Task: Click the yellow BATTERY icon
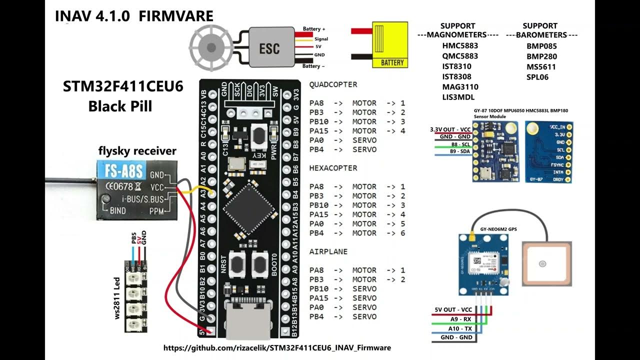(390, 45)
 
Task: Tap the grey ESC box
(269, 48)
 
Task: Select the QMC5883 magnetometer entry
(459, 56)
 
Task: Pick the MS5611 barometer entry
(541, 66)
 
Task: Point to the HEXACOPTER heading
(333, 168)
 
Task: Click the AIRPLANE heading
(328, 251)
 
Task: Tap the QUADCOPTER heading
(333, 84)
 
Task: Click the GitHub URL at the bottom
(277, 347)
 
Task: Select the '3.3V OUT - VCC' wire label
(450, 129)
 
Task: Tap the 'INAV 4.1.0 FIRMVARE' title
(133, 16)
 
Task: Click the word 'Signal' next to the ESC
(321, 38)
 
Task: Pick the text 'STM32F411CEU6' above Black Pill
(123, 87)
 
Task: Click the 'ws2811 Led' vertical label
(117, 298)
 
